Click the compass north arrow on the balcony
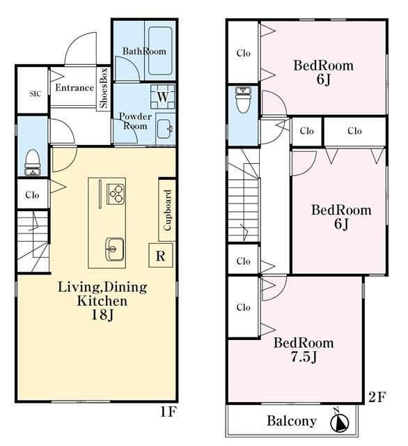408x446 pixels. pyautogui.click(x=340, y=421)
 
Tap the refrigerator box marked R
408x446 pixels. pyautogui.click(x=161, y=256)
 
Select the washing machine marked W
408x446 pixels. pyautogui.click(x=163, y=97)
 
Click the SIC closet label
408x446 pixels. pyautogui.click(x=35, y=93)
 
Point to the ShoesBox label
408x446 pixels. pyautogui.click(x=104, y=88)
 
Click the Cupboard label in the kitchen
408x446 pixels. pyautogui.click(x=167, y=210)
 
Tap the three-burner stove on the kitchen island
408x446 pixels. pyautogui.click(x=116, y=194)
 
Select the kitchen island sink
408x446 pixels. pyautogui.click(x=114, y=249)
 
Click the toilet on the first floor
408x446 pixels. pyautogui.click(x=33, y=162)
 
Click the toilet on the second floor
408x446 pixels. pyautogui.click(x=244, y=100)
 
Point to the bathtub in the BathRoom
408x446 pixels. pyautogui.click(x=160, y=51)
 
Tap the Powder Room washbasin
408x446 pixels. pyautogui.click(x=164, y=129)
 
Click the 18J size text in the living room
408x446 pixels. pyautogui.click(x=102, y=314)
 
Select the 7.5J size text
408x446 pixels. pyautogui.click(x=304, y=357)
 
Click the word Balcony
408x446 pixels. pyautogui.click(x=292, y=421)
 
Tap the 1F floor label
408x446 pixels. pyautogui.click(x=168, y=412)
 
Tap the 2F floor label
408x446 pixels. pyautogui.click(x=377, y=397)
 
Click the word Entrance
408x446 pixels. pyautogui.click(x=74, y=88)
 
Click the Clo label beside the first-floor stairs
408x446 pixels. pyautogui.click(x=32, y=195)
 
